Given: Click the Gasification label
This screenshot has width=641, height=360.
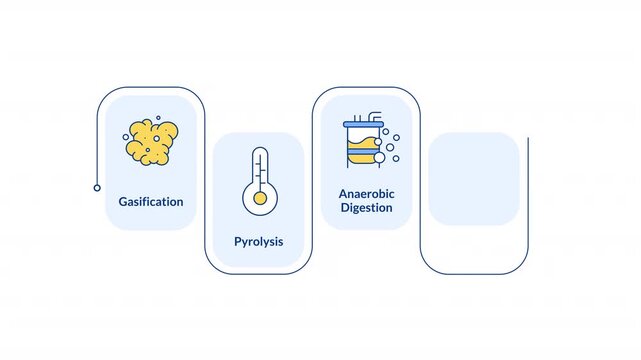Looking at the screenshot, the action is [x=151, y=201].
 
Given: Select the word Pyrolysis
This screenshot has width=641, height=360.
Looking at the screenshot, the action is [x=258, y=241].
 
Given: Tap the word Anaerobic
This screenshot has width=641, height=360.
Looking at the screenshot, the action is [x=366, y=194].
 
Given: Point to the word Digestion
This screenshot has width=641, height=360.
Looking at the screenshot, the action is [x=366, y=208].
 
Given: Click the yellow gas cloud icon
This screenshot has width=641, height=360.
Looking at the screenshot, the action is [x=152, y=142].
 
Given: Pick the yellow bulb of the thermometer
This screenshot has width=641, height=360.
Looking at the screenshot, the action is [x=260, y=199].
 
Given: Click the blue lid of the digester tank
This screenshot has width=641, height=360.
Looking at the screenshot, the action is [x=363, y=124].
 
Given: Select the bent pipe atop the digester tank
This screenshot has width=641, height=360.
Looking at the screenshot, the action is [x=374, y=116].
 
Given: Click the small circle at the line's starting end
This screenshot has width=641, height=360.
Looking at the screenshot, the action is [x=97, y=188].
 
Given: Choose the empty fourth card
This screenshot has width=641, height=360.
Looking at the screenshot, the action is [x=474, y=179].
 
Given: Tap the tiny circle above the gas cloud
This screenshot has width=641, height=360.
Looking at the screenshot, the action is [x=158, y=118].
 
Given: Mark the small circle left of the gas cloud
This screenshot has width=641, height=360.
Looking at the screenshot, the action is [x=126, y=137].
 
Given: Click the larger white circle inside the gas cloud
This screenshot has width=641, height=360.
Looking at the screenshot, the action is [x=156, y=139].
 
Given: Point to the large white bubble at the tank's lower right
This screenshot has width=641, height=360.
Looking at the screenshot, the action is [x=379, y=157].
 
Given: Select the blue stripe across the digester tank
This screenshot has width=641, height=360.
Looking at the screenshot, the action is [x=362, y=152].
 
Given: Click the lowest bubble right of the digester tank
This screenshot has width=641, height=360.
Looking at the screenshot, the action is [x=396, y=159].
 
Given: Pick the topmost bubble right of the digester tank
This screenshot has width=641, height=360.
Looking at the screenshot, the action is [x=385, y=132].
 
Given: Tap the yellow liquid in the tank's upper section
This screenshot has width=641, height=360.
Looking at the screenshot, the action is [x=361, y=144].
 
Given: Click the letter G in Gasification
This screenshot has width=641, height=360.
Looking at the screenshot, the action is [x=123, y=201].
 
